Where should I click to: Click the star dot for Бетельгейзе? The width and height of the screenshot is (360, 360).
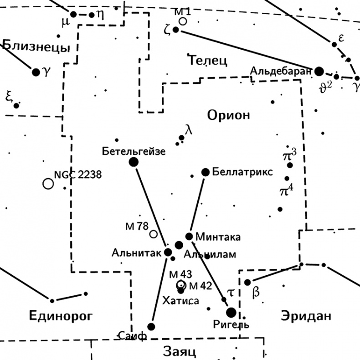coord(134,162)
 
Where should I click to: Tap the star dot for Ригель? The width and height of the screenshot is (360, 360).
coord(231,312)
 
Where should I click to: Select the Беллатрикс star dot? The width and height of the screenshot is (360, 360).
coord(206,172)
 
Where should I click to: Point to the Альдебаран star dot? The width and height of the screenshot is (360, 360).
coord(319,71)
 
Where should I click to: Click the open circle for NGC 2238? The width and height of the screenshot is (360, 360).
coord(48,184)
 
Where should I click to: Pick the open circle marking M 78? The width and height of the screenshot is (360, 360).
coord(154,234)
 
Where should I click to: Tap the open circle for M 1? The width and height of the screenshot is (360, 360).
coord(183,21)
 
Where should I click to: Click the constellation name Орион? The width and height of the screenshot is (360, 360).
coord(228,115)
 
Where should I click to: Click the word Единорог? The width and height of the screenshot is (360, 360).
coord(61,315)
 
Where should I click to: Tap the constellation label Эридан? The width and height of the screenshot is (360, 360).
coord(305,315)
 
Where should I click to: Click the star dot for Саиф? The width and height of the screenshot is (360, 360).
coord(151,326)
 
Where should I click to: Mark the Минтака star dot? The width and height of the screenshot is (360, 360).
coord(189,236)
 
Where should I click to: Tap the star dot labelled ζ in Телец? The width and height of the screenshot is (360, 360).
coord(176,30)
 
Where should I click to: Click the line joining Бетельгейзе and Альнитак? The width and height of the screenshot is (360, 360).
coord(150,206)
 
